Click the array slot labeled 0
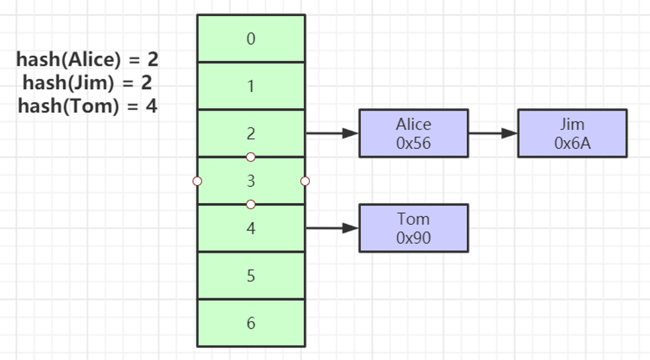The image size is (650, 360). click(251, 38)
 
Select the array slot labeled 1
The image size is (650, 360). click(251, 86)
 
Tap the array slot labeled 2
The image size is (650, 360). click(251, 133)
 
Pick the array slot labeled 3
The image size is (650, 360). click(251, 180)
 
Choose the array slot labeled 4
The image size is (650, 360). click(251, 228)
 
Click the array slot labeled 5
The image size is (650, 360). click(251, 276)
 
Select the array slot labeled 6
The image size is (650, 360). click(251, 323)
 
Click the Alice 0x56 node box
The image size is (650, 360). click(414, 133)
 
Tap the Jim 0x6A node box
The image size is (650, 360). click(572, 133)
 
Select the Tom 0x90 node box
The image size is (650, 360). click(414, 228)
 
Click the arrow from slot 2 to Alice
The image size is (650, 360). click(332, 133)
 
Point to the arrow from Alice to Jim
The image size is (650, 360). click(493, 133)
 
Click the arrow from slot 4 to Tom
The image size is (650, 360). click(332, 228)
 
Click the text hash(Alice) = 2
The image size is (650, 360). click(87, 60)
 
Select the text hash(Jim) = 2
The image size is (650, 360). click(87, 83)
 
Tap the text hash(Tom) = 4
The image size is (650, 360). click(87, 106)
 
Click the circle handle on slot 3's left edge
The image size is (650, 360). click(197, 181)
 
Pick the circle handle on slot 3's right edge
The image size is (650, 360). click(305, 181)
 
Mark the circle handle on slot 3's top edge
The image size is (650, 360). click(251, 157)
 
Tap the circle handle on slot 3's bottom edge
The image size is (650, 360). click(251, 204)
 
